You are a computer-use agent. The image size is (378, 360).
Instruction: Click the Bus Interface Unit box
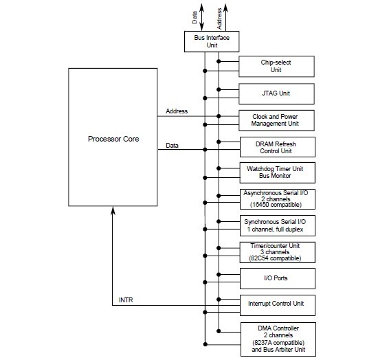(x=211, y=41)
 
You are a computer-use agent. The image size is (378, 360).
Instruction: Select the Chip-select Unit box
(x=276, y=66)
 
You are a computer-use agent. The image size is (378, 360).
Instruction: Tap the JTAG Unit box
(x=276, y=93)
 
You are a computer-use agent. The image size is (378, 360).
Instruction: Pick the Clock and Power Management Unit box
(x=276, y=121)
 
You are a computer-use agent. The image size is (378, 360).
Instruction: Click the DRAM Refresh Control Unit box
(x=276, y=146)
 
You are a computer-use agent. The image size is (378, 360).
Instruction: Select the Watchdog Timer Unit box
(x=276, y=172)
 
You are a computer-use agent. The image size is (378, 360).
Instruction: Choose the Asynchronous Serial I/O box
(x=276, y=199)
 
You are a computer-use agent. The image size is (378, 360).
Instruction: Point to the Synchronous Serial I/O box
(x=276, y=225)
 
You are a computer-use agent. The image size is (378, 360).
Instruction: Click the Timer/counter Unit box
(x=276, y=252)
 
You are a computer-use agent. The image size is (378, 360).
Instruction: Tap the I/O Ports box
(x=276, y=278)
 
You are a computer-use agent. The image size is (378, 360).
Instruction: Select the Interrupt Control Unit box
(x=276, y=303)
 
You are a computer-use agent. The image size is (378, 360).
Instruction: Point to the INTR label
(x=127, y=300)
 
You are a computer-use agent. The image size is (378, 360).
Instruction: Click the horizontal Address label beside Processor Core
(x=177, y=111)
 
